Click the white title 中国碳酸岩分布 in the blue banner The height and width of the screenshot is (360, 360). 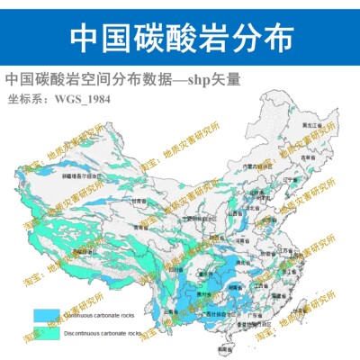[180, 36]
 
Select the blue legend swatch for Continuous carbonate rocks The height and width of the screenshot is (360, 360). [47, 315]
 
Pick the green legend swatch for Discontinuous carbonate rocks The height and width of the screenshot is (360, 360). [47, 333]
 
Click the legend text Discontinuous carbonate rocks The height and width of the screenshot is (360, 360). [103, 333]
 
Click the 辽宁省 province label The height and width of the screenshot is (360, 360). [290, 180]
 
